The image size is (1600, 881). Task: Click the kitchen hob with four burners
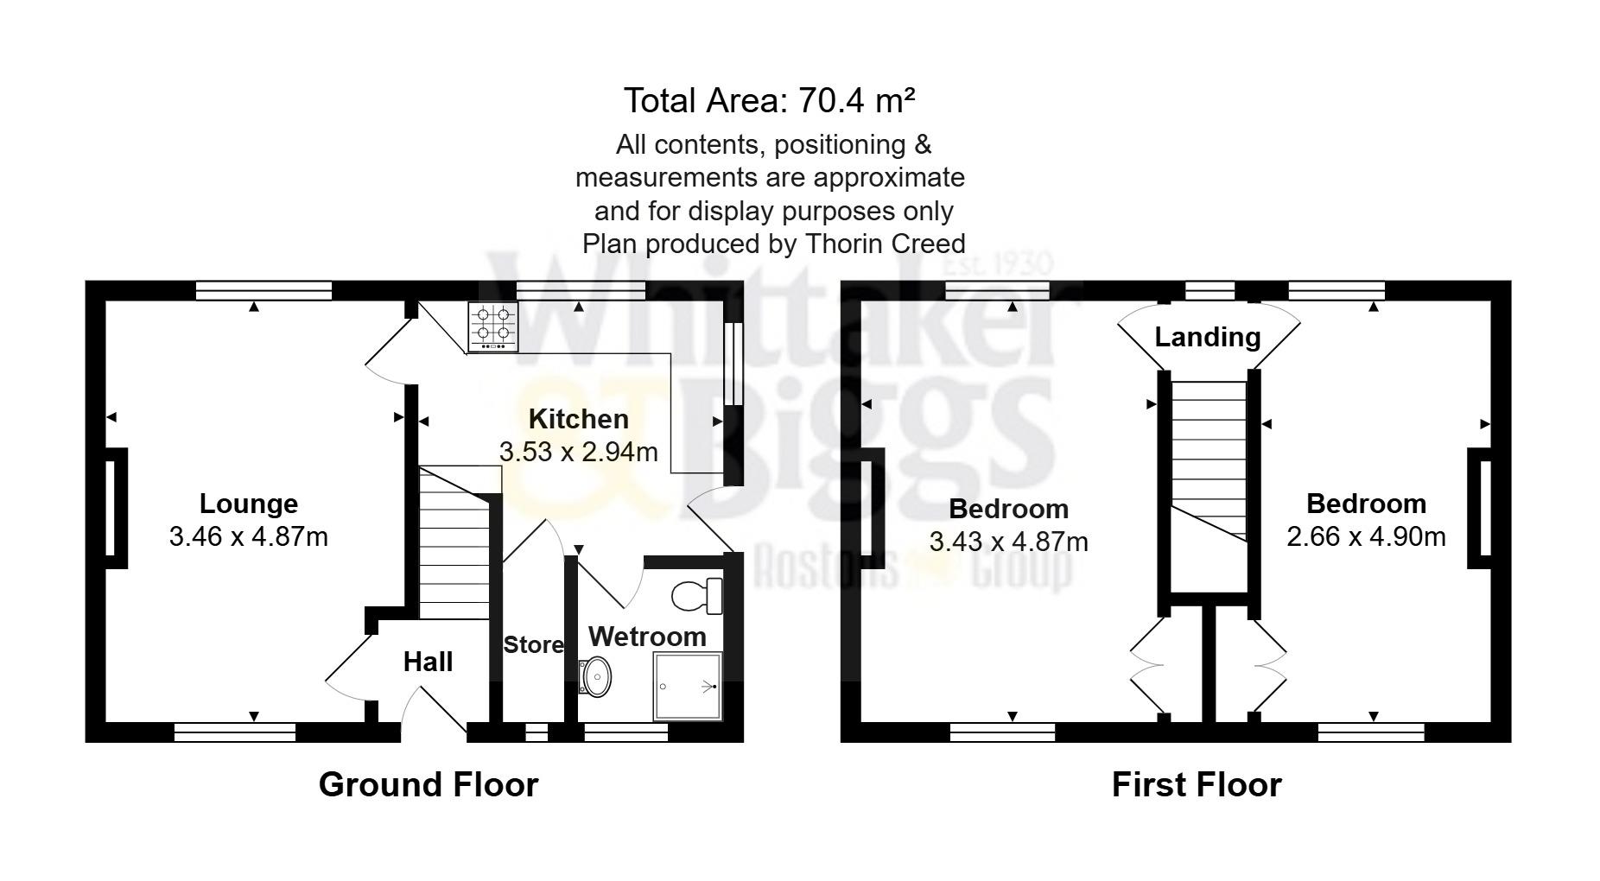[493, 326]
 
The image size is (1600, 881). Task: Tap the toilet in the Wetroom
[696, 595]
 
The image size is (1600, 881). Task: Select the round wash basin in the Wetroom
[596, 676]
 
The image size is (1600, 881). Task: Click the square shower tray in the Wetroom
[688, 687]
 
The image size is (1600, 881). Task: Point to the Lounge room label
[249, 504]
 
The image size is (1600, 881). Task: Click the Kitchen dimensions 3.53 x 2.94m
[578, 452]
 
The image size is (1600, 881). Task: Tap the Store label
[533, 644]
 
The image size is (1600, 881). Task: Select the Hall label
[428, 662]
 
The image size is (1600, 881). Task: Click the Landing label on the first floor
[1207, 337]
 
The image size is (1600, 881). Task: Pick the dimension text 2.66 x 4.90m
[1366, 536]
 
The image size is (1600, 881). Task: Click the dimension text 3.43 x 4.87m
[1008, 542]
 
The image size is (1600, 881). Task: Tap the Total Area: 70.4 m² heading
[769, 101]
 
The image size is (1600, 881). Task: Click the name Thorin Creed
[886, 244]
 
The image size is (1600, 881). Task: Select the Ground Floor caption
[429, 784]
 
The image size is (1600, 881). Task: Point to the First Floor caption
[1196, 784]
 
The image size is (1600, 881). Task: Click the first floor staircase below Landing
[1209, 462]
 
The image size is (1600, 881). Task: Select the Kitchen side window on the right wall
[733, 364]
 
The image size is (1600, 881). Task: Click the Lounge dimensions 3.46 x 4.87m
[249, 537]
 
